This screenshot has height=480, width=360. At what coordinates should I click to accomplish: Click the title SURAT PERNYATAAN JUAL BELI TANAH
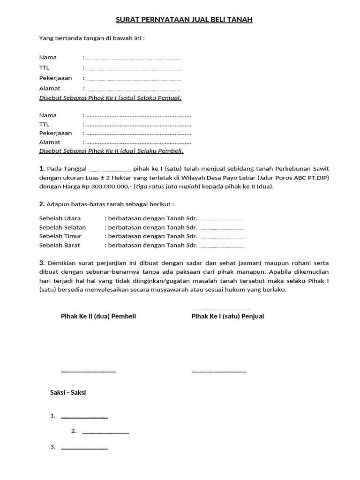[x=184, y=20]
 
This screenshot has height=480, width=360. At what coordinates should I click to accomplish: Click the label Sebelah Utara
[x=60, y=218]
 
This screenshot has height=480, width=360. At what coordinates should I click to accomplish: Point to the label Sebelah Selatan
[x=62, y=227]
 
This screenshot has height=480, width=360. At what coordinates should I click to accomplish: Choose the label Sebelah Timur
[x=60, y=236]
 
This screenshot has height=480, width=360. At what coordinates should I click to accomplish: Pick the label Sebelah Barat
[x=60, y=245]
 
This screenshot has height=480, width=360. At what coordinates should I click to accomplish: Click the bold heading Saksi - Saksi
[x=68, y=392]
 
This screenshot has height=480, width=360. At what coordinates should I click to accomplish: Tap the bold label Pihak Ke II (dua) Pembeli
[x=98, y=316]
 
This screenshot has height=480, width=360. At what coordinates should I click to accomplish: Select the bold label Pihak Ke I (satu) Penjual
[x=228, y=316]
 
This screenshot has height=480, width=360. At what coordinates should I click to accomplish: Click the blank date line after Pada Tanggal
[x=110, y=169]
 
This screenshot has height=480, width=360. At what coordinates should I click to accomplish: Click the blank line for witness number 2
[x=105, y=431]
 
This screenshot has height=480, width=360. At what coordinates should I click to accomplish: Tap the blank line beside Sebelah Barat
[x=222, y=246]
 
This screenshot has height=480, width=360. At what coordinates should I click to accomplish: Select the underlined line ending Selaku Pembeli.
[x=111, y=151]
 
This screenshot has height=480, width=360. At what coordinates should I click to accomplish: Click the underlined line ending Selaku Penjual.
[x=110, y=97]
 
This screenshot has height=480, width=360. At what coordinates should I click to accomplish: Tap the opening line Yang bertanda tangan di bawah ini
[x=92, y=37]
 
